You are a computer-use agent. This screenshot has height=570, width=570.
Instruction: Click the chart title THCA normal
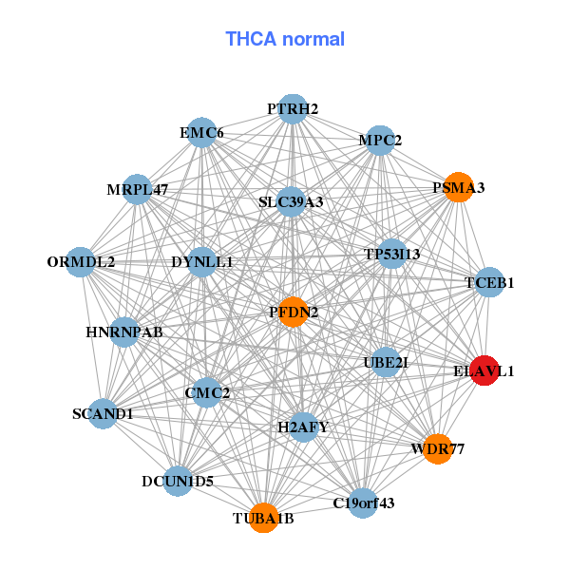coord(285,39)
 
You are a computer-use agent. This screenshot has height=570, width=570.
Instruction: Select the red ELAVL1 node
coord(484,371)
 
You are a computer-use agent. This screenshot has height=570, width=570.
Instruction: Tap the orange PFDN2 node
coord(294,312)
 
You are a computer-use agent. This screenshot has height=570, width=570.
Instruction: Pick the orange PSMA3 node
coord(459,188)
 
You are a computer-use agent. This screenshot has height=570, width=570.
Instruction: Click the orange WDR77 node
coord(437,448)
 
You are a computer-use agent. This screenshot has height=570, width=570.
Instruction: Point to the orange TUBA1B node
coord(264,518)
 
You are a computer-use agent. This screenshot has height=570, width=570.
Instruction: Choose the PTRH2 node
coord(293,109)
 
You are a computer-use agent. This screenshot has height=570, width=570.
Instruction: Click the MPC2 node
coord(380,141)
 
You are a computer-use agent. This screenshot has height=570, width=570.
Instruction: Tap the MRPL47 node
coord(138,189)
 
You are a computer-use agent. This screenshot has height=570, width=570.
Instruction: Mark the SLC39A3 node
coord(291,202)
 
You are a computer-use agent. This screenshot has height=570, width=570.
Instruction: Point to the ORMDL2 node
coord(81,261)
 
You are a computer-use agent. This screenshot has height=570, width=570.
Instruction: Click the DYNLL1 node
coord(201,261)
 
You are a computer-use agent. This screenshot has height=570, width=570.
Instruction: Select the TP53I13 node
coord(392,255)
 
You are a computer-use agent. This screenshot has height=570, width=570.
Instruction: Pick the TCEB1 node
coord(489,282)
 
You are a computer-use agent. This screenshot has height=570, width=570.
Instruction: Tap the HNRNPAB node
coord(124,332)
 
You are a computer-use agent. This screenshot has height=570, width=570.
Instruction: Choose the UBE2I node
coord(385,362)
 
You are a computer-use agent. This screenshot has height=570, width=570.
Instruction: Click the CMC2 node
coord(207,391)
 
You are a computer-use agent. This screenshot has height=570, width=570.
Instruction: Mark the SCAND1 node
coord(103,414)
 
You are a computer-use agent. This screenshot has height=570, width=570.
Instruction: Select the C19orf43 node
coord(363,503)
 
